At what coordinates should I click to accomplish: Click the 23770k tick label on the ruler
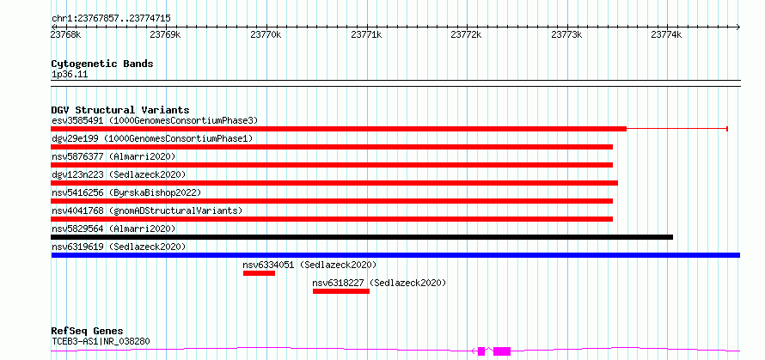click(266, 34)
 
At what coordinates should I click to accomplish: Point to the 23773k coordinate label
click(566, 34)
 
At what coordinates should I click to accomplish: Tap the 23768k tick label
click(66, 34)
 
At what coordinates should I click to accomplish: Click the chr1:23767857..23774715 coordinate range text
click(111, 19)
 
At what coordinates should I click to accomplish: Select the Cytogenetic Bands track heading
click(102, 64)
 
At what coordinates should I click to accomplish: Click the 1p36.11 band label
click(70, 75)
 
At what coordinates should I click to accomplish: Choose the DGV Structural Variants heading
click(120, 110)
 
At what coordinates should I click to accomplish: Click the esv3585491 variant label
click(77, 120)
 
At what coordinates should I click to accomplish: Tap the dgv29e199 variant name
click(75, 138)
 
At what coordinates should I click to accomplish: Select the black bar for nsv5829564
click(362, 237)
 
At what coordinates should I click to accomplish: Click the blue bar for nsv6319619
click(395, 255)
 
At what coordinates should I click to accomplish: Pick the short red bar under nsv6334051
click(259, 273)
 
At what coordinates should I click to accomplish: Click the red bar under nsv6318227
click(341, 291)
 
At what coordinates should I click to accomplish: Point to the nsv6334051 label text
click(268, 265)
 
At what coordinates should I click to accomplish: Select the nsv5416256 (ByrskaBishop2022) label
click(126, 192)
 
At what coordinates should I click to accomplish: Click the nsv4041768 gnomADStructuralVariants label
click(147, 211)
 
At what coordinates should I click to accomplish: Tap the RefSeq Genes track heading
click(88, 332)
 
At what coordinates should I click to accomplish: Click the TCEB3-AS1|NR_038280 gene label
click(101, 341)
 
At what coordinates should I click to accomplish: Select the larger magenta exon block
click(502, 351)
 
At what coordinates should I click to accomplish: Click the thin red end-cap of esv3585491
click(727, 129)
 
